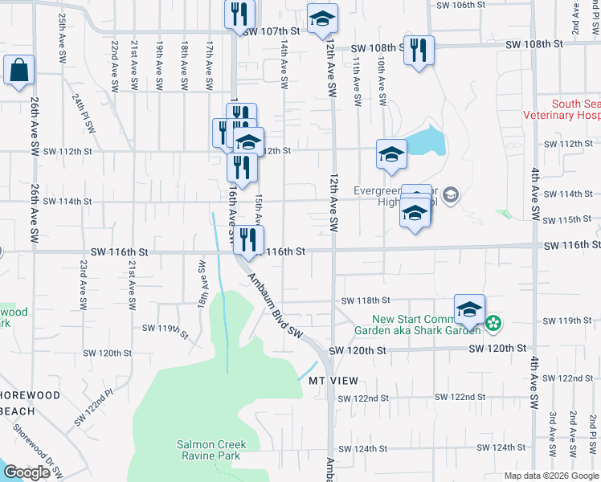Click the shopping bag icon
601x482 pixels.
[x=18, y=70]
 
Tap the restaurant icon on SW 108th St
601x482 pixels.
[x=419, y=50]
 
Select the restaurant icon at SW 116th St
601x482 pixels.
[x=249, y=239]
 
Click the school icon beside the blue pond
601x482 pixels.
[x=391, y=154]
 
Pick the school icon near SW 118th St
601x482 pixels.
[x=470, y=309]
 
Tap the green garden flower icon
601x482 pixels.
[x=493, y=324]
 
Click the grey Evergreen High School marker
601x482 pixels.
[x=451, y=194]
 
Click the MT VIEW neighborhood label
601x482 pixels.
[x=333, y=380]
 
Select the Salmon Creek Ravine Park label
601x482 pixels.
[x=212, y=450]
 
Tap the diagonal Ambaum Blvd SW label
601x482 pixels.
[x=273, y=307]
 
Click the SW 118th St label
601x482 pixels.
[x=365, y=300]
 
